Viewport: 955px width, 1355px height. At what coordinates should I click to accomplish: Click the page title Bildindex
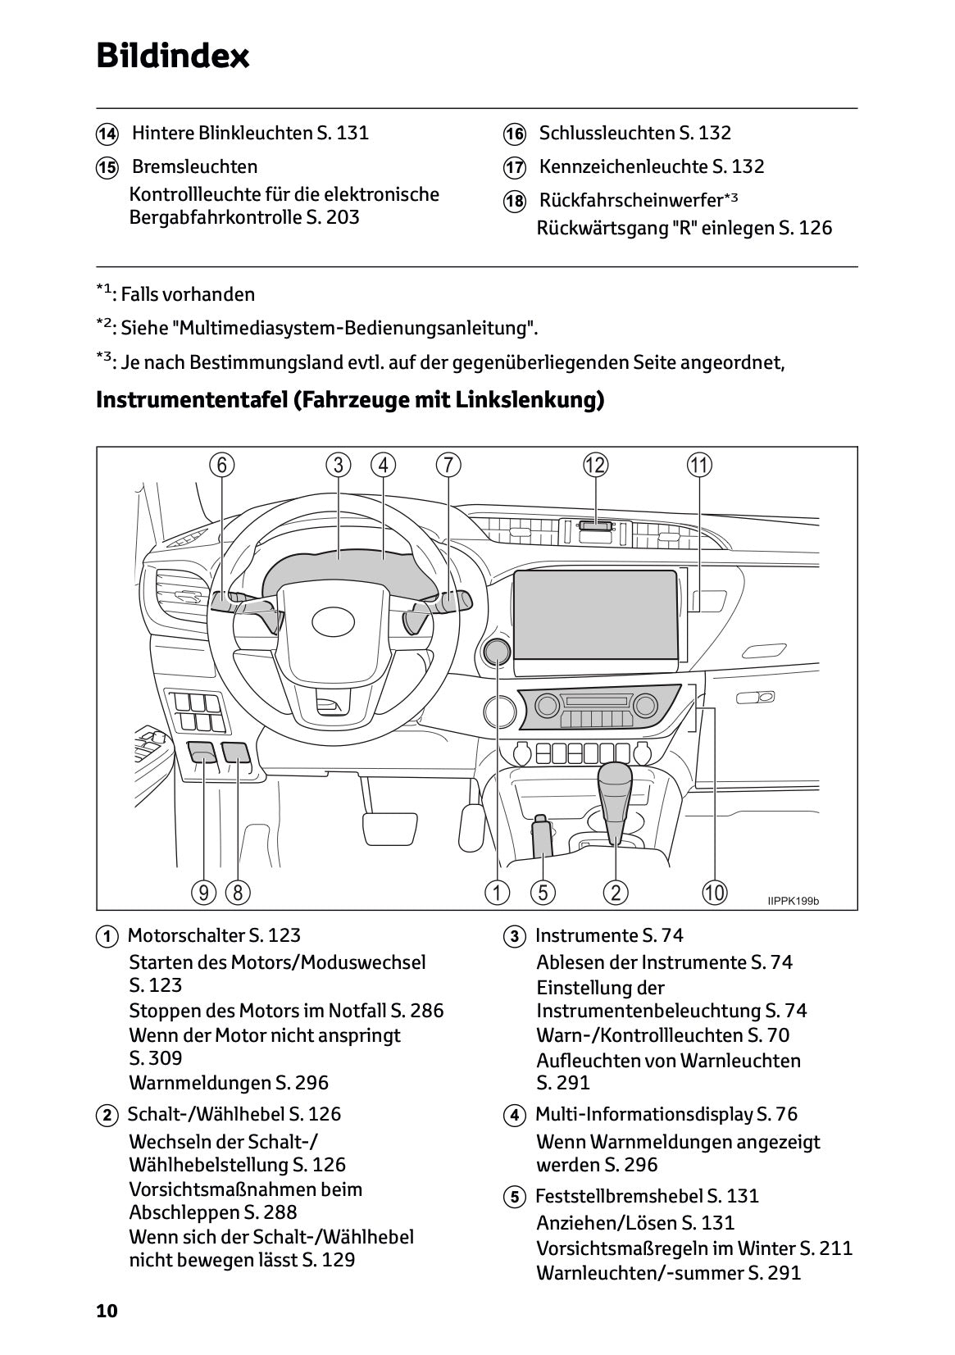coord(172,57)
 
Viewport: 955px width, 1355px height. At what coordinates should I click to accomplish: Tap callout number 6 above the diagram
coord(222,465)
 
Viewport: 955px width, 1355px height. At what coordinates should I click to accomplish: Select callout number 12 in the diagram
coord(595,465)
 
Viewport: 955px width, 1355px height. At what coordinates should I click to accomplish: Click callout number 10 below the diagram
coord(714,892)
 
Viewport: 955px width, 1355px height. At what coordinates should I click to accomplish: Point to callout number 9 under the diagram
coord(203,892)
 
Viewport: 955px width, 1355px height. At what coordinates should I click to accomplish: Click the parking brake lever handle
coord(543,836)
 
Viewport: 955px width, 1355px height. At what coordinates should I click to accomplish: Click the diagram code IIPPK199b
coord(793,901)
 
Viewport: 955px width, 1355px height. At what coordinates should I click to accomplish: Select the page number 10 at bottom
coord(107,1311)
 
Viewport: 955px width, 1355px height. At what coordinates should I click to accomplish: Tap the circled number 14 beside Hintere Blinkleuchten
coord(107,134)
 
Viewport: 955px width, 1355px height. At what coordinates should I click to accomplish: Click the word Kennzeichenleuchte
coord(623,166)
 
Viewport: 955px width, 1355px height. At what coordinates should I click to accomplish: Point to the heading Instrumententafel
coord(191,400)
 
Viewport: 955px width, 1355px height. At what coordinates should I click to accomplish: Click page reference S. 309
coord(156,1058)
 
